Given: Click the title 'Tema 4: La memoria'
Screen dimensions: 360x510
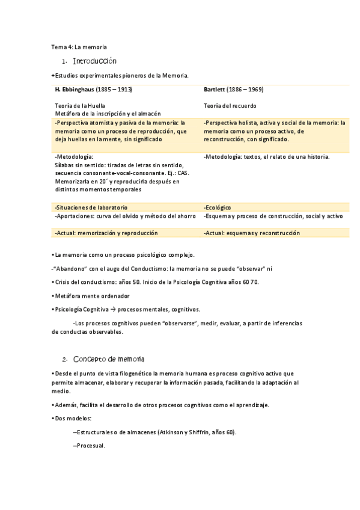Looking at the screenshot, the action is click(79, 47).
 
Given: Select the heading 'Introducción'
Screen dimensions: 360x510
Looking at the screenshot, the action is click(94, 61).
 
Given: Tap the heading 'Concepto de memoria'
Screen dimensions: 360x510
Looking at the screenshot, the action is click(108, 359).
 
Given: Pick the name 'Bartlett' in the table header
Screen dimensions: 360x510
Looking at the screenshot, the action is click(214, 90).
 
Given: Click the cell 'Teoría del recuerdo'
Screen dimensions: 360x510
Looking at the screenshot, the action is click(230, 105).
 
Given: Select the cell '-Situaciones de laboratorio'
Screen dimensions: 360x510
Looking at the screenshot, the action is click(91, 207).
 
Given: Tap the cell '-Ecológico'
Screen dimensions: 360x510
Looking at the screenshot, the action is click(218, 207).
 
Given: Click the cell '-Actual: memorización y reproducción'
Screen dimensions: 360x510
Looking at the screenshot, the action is click(106, 233).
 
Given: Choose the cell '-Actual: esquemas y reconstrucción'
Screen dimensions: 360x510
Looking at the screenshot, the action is click(252, 233).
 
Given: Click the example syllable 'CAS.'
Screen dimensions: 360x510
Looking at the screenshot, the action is click(183, 173).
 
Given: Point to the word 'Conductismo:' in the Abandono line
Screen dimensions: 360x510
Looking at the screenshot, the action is click(156, 269).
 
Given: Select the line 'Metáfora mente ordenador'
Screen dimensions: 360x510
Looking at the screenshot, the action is click(91, 296).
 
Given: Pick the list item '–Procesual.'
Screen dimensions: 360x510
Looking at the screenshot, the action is click(88, 446).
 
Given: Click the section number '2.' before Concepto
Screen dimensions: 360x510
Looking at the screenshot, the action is click(65, 360).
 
